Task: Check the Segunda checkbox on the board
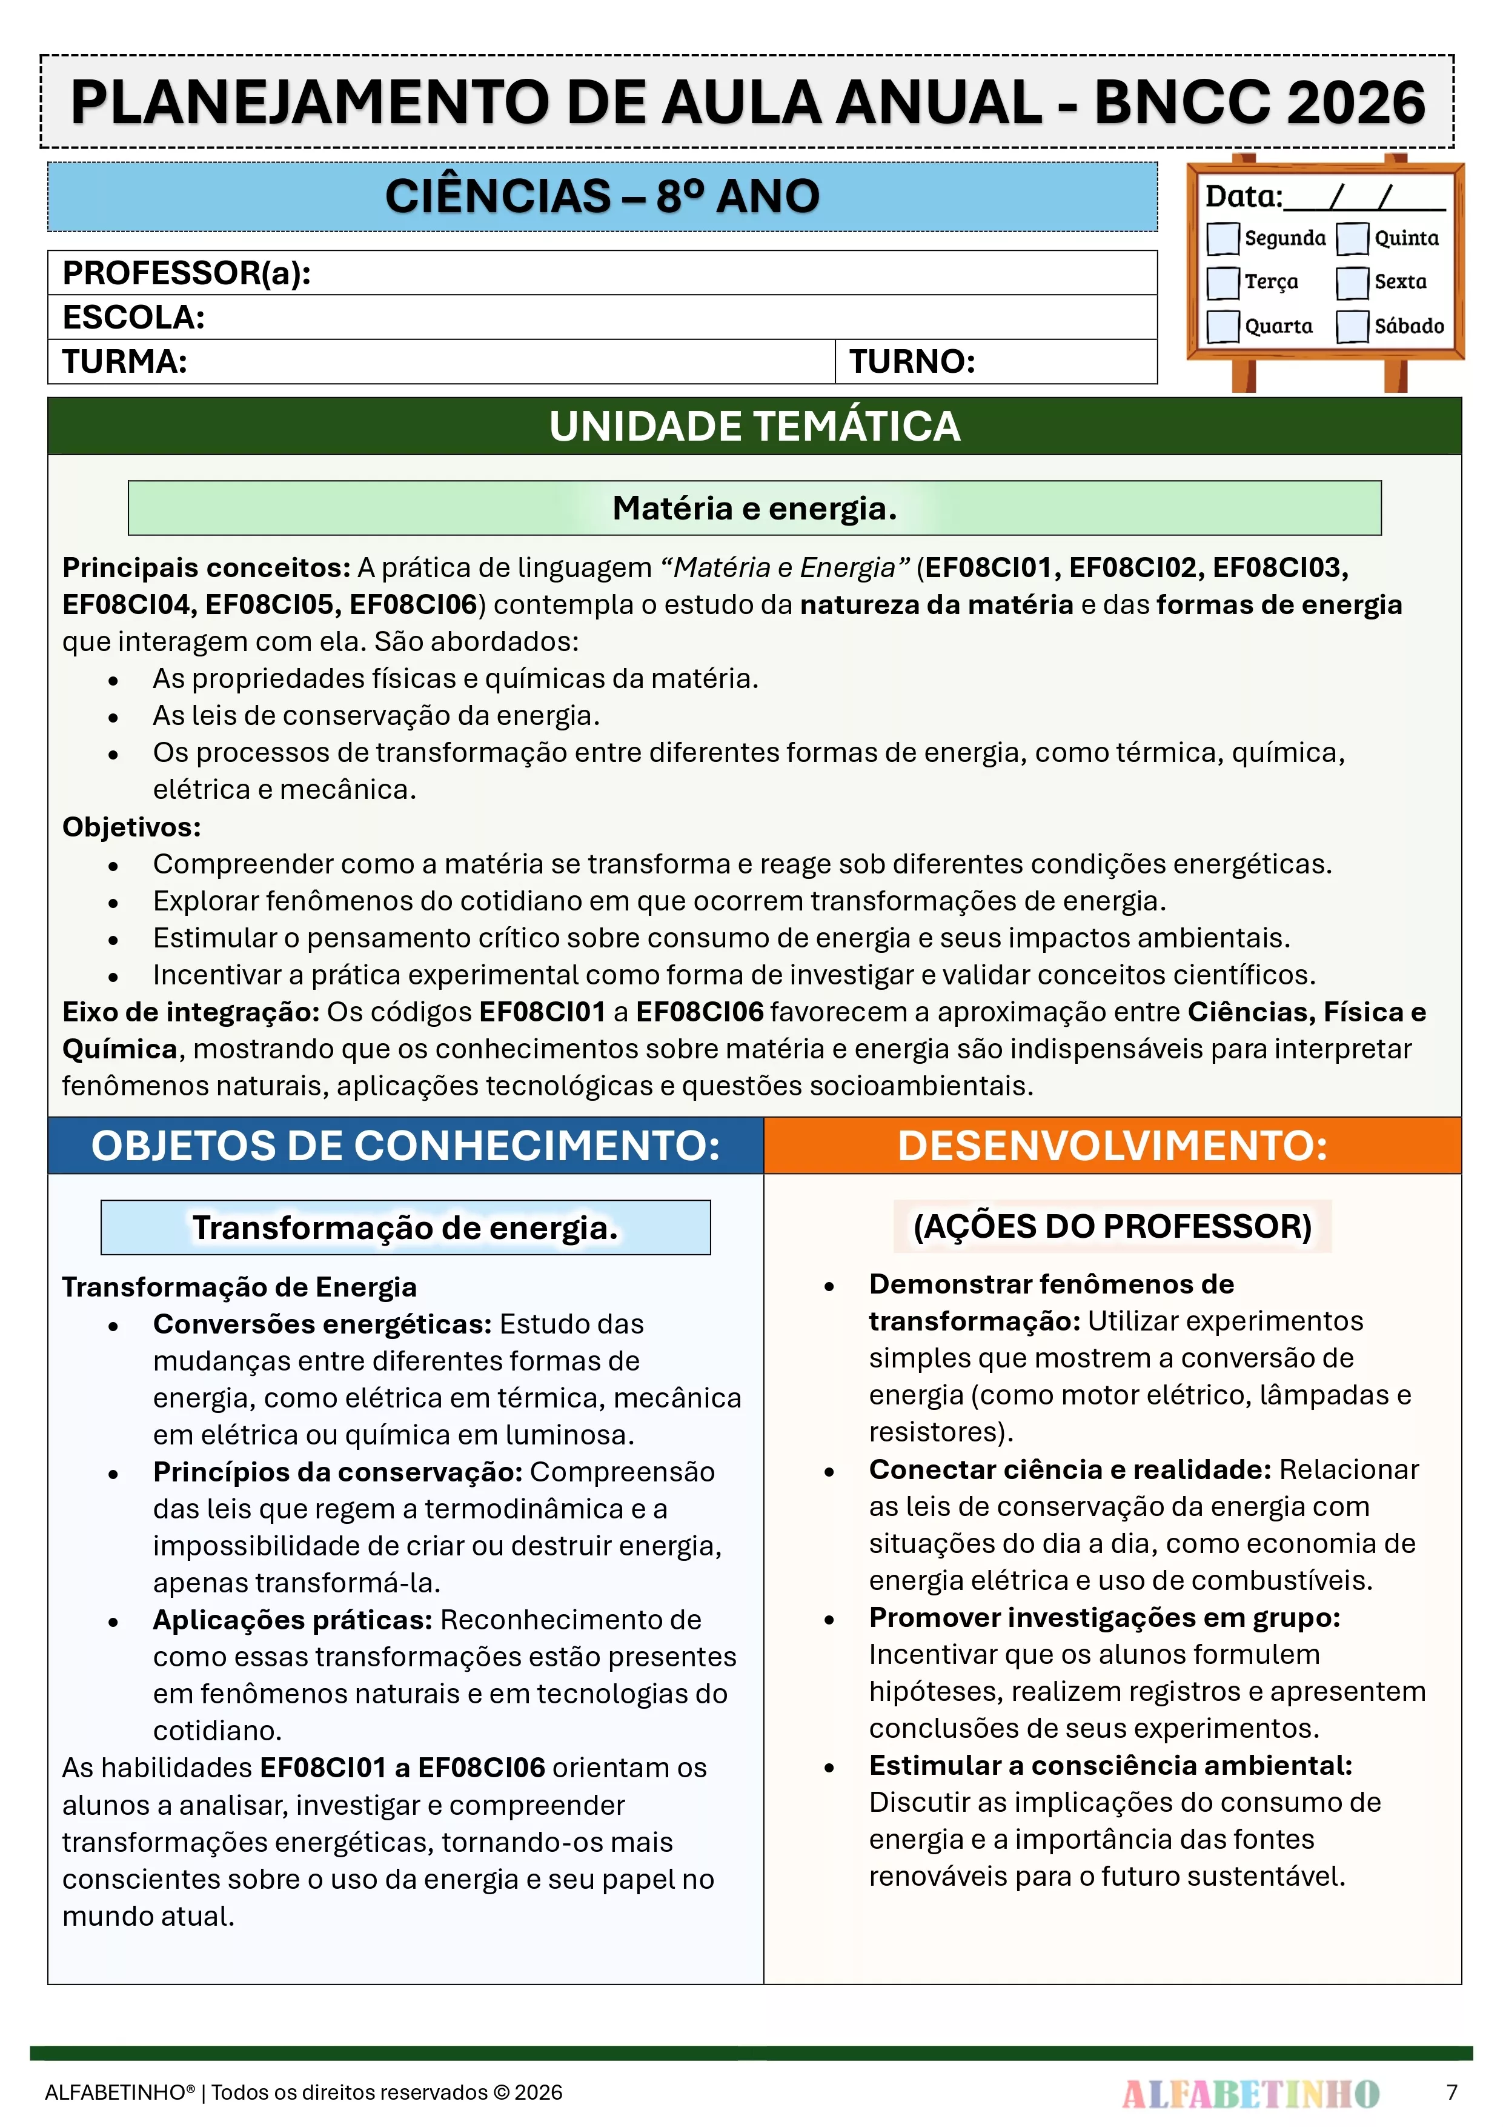point(1223,238)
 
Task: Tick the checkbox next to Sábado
point(1352,326)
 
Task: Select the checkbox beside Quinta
point(1352,238)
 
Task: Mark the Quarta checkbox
point(1223,326)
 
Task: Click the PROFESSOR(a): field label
point(186,273)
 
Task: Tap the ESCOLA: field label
point(133,318)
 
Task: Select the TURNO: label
point(912,361)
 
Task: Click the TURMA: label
point(125,361)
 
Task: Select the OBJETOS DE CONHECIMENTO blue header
point(406,1146)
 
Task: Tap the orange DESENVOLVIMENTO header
point(1112,1146)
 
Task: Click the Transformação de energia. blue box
point(406,1227)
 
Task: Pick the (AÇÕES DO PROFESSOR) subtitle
point(1112,1226)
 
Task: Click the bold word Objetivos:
point(131,826)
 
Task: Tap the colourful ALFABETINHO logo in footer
point(1250,2092)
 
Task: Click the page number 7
point(1452,2092)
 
